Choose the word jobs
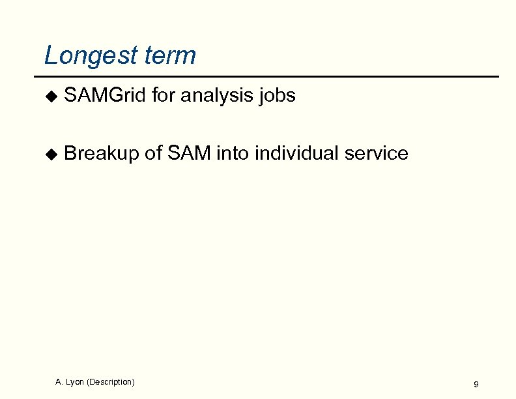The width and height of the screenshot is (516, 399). point(278,96)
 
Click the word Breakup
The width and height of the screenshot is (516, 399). point(102,154)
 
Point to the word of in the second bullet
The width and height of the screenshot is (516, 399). point(153,153)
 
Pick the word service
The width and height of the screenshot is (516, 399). point(377,153)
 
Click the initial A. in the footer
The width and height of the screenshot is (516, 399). point(59,381)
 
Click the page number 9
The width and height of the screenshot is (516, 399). point(476,385)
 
